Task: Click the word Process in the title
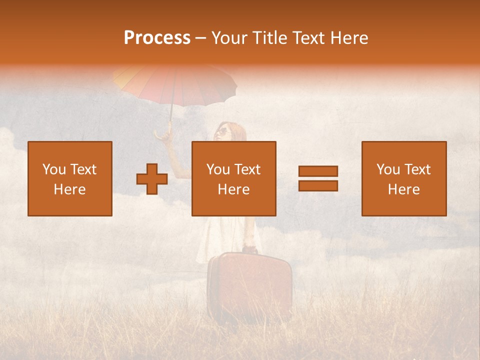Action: click(157, 38)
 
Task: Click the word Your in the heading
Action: click(230, 38)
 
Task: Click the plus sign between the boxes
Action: click(152, 179)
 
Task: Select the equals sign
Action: click(318, 178)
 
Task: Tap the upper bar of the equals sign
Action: click(318, 171)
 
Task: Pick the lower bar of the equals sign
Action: click(318, 185)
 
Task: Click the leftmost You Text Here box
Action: click(70, 178)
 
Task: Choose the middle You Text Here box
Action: click(234, 178)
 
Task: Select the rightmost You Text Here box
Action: click(404, 178)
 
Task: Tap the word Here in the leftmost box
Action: click(70, 189)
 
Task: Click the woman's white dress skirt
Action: click(227, 240)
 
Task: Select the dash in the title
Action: click(201, 38)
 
